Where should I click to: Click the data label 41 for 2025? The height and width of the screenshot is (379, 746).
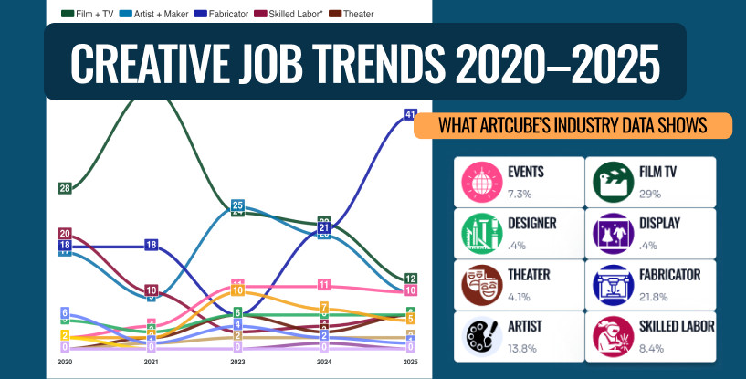point(410,114)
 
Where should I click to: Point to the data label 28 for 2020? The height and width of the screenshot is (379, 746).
point(65,188)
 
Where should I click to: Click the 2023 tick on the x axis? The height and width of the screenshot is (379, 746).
point(236,363)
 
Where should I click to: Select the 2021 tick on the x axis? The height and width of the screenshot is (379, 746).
point(152,363)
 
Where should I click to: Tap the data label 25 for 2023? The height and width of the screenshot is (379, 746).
point(237,205)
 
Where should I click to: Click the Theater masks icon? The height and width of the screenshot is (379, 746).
point(478,284)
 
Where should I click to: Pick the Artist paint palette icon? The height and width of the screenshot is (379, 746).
point(478,336)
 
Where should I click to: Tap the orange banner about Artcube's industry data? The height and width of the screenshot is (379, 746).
point(573,126)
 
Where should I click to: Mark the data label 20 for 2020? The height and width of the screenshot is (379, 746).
point(65,233)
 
